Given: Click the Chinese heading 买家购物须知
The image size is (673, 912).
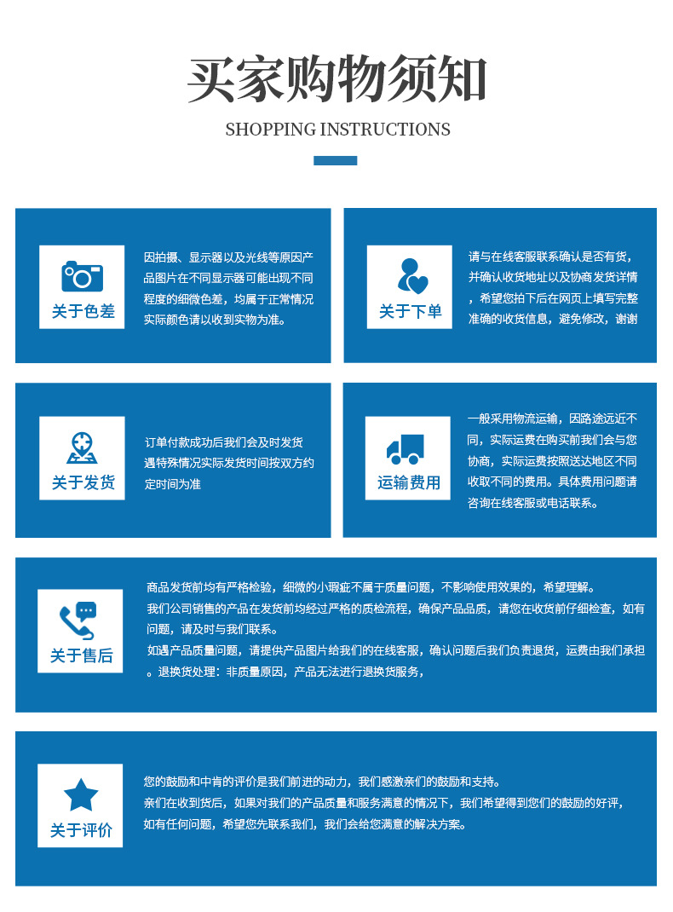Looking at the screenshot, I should pyautogui.click(x=336, y=81).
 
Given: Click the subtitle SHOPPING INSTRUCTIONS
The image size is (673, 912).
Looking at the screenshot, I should pyautogui.click(x=337, y=130).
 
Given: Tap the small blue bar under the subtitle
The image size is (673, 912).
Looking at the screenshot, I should pyautogui.click(x=336, y=160).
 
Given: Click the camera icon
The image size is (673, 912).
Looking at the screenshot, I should pyautogui.click(x=82, y=276).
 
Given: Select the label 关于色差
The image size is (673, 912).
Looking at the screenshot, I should pyautogui.click(x=83, y=312).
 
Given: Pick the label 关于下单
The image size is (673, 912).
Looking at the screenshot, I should pyautogui.click(x=411, y=312).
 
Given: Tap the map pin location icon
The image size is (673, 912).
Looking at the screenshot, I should pyautogui.click(x=82, y=447).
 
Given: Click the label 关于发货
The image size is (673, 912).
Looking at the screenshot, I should pyautogui.click(x=83, y=483).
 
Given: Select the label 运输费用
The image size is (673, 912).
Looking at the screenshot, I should pyautogui.click(x=409, y=483).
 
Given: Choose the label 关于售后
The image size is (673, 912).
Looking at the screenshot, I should pyautogui.click(x=81, y=655).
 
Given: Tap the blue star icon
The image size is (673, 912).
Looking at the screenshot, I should pyautogui.click(x=81, y=794).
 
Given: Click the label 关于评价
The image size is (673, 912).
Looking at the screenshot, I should pyautogui.click(x=81, y=830).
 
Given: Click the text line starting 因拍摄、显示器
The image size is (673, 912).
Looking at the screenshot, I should pyautogui.click(x=229, y=257).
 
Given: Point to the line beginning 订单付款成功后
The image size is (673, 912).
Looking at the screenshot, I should pyautogui.click(x=224, y=442).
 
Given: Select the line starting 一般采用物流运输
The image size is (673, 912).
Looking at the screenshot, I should pyautogui.click(x=552, y=418).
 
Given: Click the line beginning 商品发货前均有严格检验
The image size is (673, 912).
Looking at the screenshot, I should pyautogui.click(x=371, y=587).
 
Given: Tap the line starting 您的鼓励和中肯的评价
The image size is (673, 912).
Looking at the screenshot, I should pyautogui.click(x=322, y=782).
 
